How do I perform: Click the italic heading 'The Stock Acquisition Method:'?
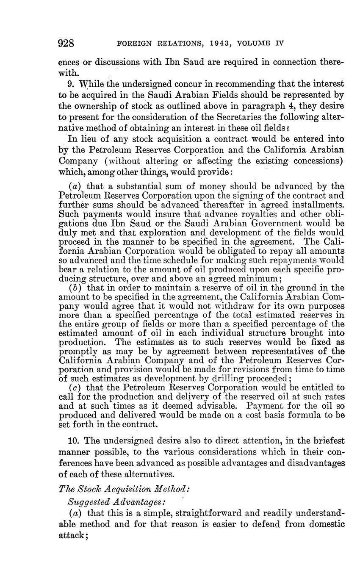(x=124, y=488)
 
